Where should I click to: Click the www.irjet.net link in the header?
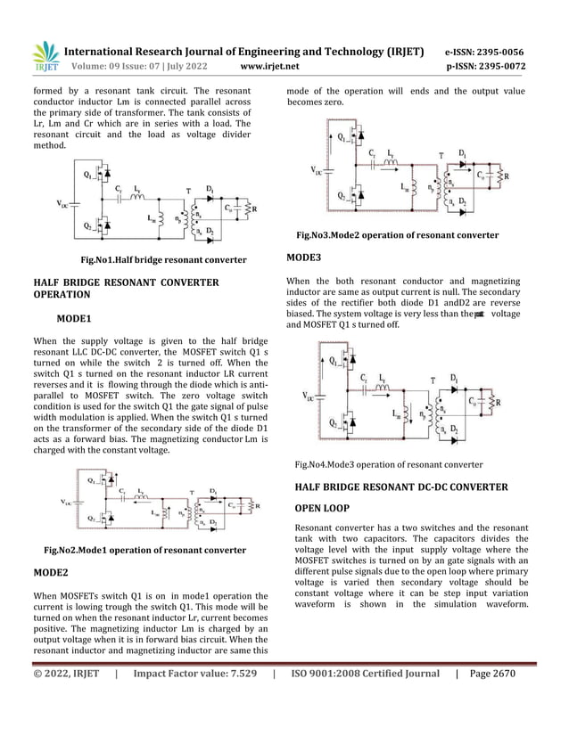pos(270,67)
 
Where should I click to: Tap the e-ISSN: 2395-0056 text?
pos(484,53)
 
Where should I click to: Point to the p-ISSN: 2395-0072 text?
pos(484,67)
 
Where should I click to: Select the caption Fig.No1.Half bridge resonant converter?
pos(164,260)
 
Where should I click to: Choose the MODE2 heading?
pos(52,572)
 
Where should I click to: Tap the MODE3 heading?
pos(304,258)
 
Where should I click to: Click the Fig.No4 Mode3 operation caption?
pos(388,464)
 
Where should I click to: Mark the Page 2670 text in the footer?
pos(492,675)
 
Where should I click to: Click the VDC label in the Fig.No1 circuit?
pos(63,206)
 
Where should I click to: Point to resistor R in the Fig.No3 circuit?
pos(508,176)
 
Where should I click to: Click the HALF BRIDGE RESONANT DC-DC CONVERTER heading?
pos(400,487)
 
